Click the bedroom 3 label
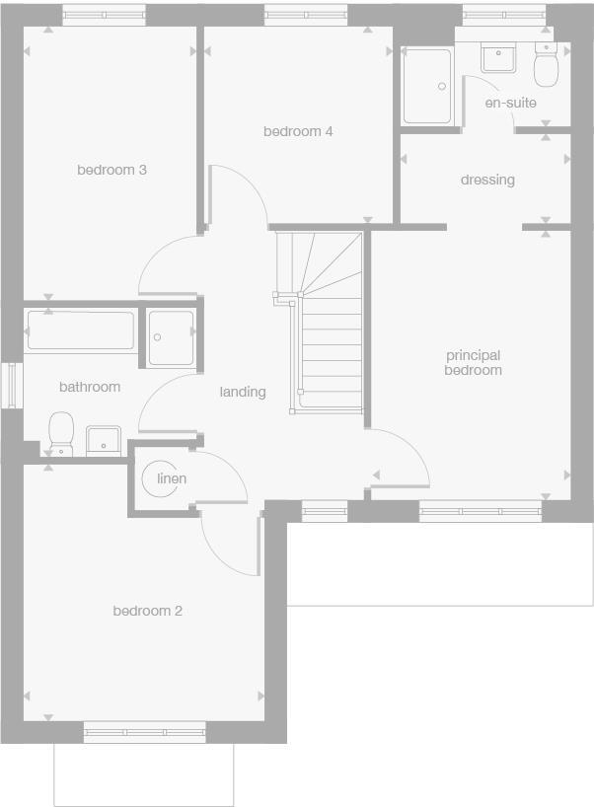(x=111, y=170)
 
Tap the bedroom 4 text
(x=297, y=131)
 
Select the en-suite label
(x=510, y=103)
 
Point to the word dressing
(x=487, y=180)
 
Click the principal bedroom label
(x=473, y=362)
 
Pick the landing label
(x=243, y=392)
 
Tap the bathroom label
(x=90, y=387)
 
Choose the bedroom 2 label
(x=147, y=611)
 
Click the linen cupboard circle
(x=171, y=478)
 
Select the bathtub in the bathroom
(x=80, y=330)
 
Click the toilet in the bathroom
(x=61, y=432)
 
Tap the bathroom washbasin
(x=103, y=440)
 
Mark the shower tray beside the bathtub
(x=171, y=337)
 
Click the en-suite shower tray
(x=427, y=86)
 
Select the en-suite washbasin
(x=499, y=58)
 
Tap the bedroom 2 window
(x=145, y=732)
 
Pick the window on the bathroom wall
(x=11, y=385)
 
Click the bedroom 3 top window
(x=104, y=15)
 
